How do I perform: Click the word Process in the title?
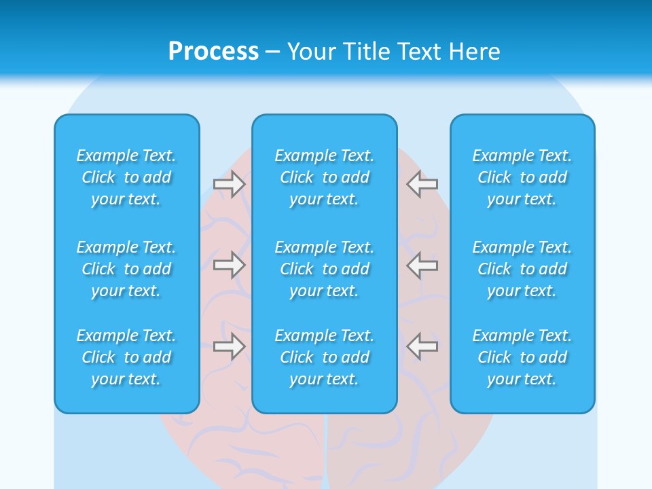[x=213, y=52]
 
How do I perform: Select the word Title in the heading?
[x=367, y=52]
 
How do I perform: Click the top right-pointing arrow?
[x=230, y=184]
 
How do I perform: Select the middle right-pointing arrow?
[x=230, y=265]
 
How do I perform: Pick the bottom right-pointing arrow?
[x=230, y=346]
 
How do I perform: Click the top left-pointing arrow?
[x=422, y=184]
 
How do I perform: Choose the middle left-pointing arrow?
[x=422, y=265]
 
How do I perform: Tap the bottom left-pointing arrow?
[x=422, y=346]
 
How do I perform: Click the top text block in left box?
[x=126, y=177]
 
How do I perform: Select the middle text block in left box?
[x=126, y=269]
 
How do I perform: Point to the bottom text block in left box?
[x=126, y=357]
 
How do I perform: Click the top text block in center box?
[x=325, y=177]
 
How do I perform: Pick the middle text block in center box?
[x=325, y=269]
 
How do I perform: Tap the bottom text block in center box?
[x=325, y=357]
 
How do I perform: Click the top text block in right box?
[x=522, y=177]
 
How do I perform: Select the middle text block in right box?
[x=522, y=269]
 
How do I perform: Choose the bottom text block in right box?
[x=522, y=357]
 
